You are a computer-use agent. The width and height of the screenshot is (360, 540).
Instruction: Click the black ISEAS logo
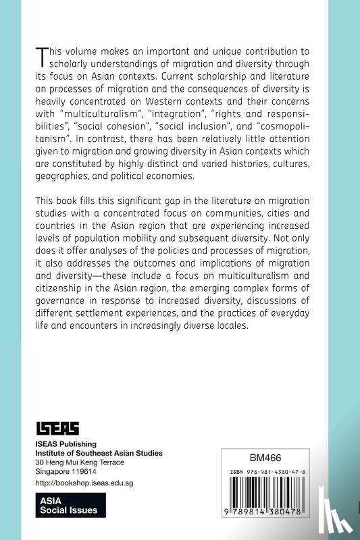(x=57, y=428)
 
